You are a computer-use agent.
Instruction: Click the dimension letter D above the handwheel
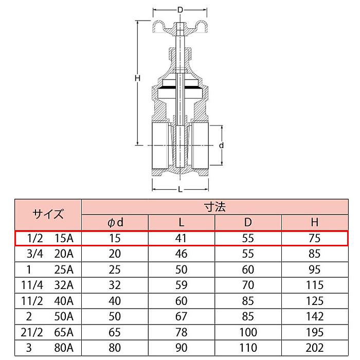pos(180,10)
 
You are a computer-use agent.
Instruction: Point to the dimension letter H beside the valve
pos(137,78)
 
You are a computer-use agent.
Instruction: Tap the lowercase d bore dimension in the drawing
pos(221,146)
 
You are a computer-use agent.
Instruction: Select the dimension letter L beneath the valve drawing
pos(180,190)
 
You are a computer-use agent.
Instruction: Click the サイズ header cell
pos(48,214)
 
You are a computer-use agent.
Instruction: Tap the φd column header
pos(115,222)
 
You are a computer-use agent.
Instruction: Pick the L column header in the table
pos(182,222)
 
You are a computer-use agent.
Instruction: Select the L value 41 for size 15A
pos(182,239)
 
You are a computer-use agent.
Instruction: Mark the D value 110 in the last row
pos(248,348)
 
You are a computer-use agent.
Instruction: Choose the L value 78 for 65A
pos(182,332)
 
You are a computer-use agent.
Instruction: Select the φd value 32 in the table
pos(115,285)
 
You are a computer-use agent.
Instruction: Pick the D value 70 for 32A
pos(248,285)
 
